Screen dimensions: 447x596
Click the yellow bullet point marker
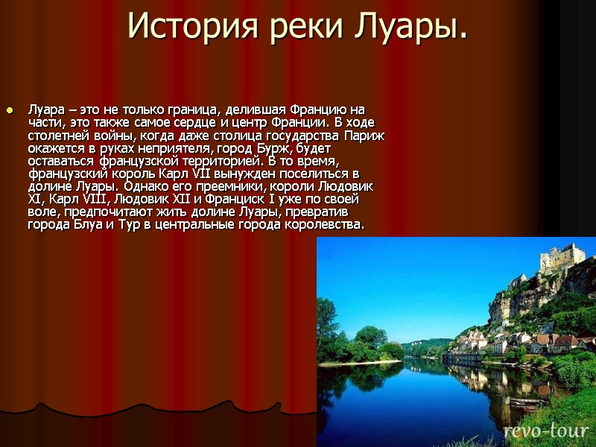coord(10,111)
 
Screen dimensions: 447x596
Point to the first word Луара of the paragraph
coord(45,110)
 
